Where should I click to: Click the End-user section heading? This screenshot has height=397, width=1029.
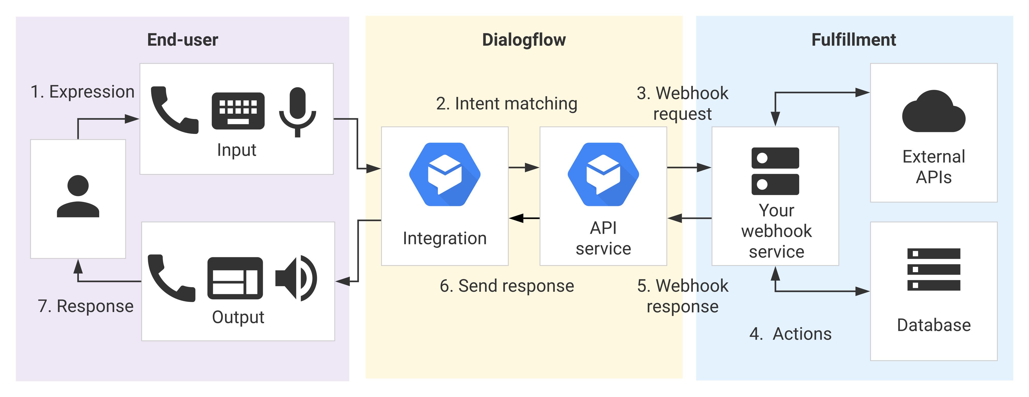point(183,40)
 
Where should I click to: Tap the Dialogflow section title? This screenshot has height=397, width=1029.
point(524,40)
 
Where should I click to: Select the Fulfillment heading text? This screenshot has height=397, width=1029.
point(854,40)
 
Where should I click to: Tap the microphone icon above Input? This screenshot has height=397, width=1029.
point(297,112)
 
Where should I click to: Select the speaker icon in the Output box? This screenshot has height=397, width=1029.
point(296,278)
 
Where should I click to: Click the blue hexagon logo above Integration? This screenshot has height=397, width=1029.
point(444,175)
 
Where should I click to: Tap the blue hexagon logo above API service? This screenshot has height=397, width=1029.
point(603,175)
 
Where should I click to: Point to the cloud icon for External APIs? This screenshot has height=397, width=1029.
point(934,112)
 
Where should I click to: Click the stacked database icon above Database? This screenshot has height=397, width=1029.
point(934,270)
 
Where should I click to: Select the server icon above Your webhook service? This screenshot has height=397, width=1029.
point(775,171)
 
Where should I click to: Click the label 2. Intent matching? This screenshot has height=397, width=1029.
point(507,104)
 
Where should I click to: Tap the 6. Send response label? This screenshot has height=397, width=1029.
point(507,286)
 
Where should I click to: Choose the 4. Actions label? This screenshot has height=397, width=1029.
point(790,334)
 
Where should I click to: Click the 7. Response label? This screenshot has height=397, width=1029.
point(85,306)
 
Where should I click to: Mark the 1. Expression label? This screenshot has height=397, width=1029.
point(82,92)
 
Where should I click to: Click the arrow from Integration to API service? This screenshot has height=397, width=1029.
point(524,167)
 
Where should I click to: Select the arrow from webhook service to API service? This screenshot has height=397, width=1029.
point(689,218)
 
